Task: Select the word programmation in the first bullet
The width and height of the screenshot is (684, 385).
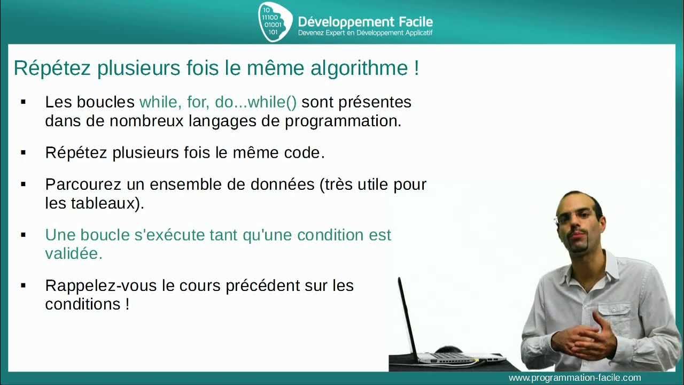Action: (x=342, y=121)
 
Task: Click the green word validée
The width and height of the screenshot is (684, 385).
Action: (x=74, y=254)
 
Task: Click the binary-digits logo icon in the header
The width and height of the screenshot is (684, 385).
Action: (x=275, y=21)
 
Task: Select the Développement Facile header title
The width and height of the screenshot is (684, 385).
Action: (x=365, y=22)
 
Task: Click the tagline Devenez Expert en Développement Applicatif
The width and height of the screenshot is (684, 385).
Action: (x=365, y=33)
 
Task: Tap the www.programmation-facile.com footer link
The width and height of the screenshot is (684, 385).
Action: (x=574, y=378)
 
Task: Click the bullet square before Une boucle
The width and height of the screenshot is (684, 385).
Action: (x=23, y=235)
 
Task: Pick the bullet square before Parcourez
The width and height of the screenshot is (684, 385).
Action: (x=23, y=184)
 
